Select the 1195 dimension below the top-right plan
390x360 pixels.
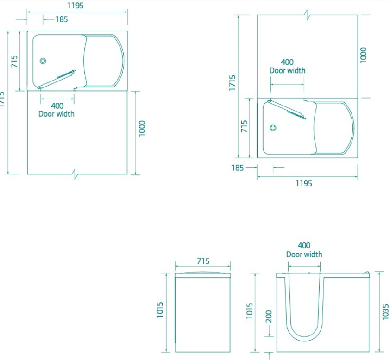304,184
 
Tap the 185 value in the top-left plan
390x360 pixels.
61,19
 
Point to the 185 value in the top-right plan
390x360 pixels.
238,168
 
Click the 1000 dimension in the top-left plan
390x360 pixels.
143,129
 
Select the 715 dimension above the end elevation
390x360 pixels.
203,261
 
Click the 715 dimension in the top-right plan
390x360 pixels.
245,127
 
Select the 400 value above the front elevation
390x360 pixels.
304,246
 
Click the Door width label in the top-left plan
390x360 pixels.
57,114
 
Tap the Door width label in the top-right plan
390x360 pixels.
288,71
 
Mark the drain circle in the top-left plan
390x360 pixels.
43,61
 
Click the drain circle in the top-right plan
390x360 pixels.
273,128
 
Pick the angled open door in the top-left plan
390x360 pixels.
57,79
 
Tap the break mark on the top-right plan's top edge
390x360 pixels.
307,15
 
